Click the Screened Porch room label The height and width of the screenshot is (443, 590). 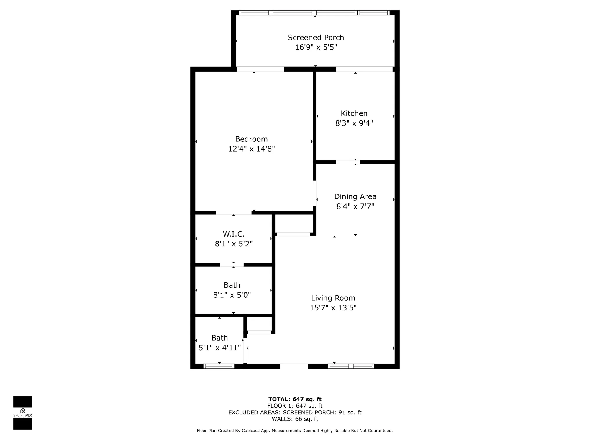(316, 38)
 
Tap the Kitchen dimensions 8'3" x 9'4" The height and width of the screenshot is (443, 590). (354, 123)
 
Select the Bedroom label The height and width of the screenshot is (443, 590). (251, 139)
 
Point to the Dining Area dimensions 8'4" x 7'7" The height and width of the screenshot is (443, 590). (355, 206)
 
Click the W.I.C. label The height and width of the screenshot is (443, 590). (233, 234)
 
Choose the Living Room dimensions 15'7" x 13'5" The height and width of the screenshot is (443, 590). (333, 308)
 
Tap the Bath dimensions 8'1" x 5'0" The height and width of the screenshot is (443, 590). (232, 295)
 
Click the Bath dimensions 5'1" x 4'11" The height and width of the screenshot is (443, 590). (220, 348)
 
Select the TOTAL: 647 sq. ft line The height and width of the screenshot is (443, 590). (295, 399)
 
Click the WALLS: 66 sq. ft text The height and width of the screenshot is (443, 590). (295, 419)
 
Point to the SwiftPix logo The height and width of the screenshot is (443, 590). (23, 413)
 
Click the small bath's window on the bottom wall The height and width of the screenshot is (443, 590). (219, 366)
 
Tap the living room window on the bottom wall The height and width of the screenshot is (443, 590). (351, 366)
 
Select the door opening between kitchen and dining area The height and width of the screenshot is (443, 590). (348, 162)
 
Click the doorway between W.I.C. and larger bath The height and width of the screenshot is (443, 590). (232, 265)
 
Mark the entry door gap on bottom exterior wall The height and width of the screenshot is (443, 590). (294, 366)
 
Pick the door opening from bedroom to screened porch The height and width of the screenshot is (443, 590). (260, 69)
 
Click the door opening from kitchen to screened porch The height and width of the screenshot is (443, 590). (364, 69)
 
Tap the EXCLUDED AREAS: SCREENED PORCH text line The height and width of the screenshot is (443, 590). (295, 412)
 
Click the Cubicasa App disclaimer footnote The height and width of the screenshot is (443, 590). (295, 431)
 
